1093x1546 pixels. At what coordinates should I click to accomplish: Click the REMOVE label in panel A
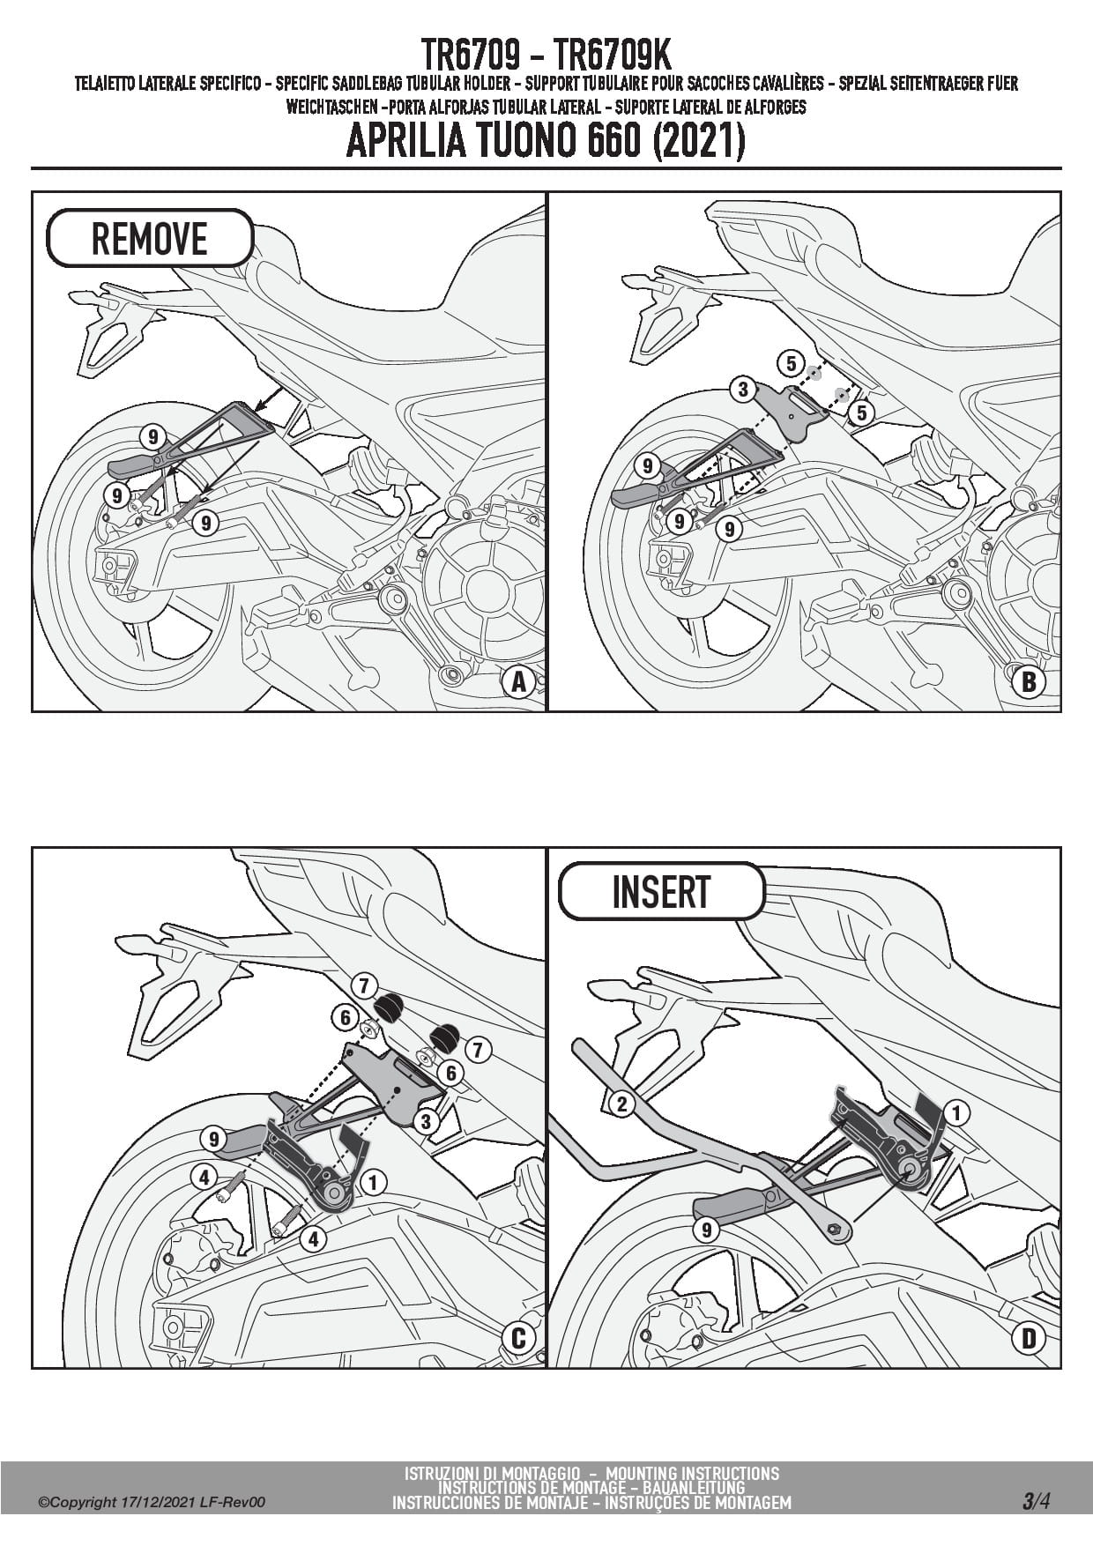click(x=150, y=238)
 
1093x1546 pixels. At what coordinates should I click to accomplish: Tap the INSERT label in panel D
click(x=661, y=891)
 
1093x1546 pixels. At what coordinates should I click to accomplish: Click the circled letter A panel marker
click(x=518, y=681)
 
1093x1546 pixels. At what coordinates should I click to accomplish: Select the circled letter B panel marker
click(x=1029, y=681)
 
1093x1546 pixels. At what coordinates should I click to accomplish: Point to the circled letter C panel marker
click(x=518, y=1338)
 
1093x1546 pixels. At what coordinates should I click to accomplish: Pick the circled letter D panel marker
click(x=1029, y=1338)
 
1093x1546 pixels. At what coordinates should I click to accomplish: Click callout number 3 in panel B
click(x=743, y=389)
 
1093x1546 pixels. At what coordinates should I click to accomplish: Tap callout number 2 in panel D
click(x=622, y=1103)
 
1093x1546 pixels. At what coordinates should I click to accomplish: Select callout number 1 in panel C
click(x=373, y=1181)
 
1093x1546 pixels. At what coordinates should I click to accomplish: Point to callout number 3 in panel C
click(x=426, y=1121)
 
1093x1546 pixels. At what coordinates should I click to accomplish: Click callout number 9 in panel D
click(x=705, y=1229)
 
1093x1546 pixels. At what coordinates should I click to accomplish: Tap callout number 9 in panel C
click(x=213, y=1139)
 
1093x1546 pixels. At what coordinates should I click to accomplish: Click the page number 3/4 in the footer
click(x=1036, y=1501)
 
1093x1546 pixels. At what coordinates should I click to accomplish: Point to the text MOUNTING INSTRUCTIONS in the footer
click(x=692, y=1473)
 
